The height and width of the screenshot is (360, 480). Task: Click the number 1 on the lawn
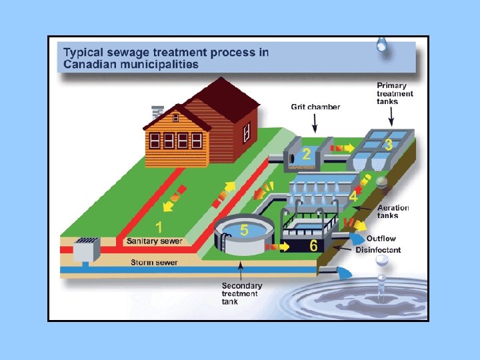tap(159, 227)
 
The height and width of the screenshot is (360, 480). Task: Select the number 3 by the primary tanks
tap(387, 144)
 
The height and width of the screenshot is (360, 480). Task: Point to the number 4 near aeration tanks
tap(353, 197)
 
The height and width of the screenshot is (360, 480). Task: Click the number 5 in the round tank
tap(244, 230)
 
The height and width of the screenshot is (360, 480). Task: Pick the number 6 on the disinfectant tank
tap(313, 246)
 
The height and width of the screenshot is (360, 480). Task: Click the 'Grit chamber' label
tap(315, 107)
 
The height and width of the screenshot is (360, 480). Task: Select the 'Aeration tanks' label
tap(393, 212)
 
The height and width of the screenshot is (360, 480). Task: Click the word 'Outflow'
tap(381, 239)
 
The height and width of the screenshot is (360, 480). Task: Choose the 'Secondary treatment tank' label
tap(241, 293)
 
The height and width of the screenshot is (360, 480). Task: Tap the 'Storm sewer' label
tap(153, 263)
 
